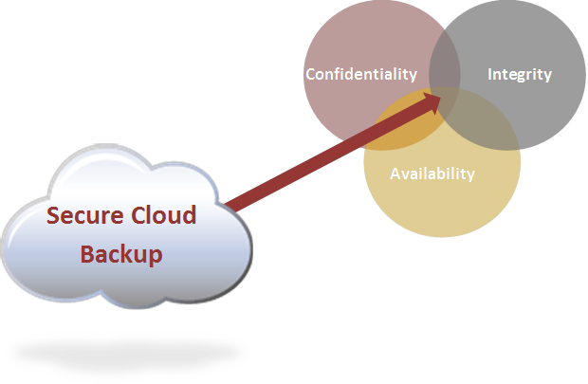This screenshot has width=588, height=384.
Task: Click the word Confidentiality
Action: click(360, 74)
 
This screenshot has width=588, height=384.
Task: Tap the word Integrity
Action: click(519, 74)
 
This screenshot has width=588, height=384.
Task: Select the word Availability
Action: click(432, 174)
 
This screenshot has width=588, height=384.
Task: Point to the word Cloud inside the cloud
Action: click(162, 215)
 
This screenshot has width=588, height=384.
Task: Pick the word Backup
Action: click(120, 254)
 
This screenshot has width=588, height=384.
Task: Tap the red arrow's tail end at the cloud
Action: click(230, 203)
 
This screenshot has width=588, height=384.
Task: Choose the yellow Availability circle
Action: click(442, 204)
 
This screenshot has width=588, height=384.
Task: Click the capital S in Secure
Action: click(55, 216)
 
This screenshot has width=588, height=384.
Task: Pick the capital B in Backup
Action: click(86, 254)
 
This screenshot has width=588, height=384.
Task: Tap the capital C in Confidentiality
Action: click(310, 74)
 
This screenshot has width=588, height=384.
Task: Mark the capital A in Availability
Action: click(395, 174)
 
